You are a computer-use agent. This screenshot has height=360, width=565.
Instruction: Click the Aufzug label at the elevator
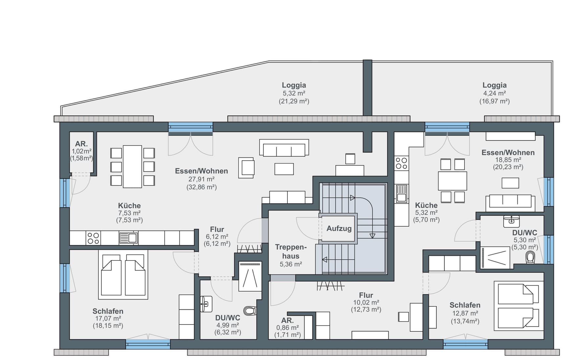click(339, 228)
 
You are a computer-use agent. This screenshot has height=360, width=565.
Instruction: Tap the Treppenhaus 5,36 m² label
click(291, 255)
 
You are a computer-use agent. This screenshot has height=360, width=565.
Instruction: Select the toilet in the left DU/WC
click(250, 310)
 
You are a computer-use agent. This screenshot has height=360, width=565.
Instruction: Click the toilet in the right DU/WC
click(530, 257)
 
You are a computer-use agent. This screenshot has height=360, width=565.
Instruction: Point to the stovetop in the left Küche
click(93, 238)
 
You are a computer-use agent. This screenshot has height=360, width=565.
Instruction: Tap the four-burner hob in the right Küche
click(401, 163)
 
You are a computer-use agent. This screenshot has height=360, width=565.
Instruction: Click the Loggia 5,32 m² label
click(294, 93)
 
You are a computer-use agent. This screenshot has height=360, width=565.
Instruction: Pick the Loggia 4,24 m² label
click(494, 93)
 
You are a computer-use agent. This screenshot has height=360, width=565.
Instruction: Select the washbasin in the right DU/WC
click(511, 221)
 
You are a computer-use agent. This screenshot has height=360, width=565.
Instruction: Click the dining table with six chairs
click(132, 167)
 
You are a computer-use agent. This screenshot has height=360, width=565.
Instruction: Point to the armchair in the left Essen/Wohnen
click(246, 168)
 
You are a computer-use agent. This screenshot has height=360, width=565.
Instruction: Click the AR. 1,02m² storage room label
click(81, 151)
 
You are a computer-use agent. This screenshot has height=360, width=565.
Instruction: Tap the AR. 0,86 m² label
click(287, 327)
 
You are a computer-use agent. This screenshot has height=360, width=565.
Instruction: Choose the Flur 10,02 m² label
click(366, 302)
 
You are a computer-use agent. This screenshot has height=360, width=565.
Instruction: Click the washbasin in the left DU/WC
click(206, 304)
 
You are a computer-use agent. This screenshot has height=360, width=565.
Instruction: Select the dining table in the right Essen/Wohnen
click(452, 181)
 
